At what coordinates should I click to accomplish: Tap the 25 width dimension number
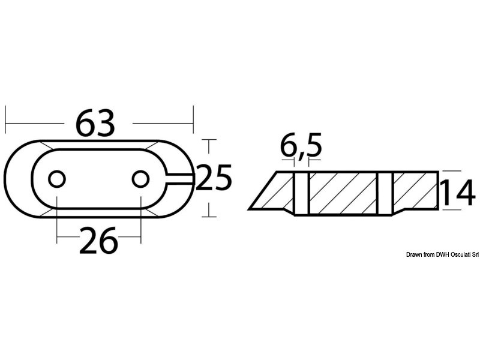214,178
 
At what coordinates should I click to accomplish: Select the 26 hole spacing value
98,241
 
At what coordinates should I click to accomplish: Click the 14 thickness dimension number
458,193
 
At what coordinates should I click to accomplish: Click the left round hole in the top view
57,179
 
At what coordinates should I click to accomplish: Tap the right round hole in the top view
140,179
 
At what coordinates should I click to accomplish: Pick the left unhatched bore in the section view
301,193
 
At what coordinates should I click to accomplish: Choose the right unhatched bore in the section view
385,193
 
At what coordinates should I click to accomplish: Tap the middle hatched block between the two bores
343,193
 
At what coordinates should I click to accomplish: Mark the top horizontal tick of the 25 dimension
208,139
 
